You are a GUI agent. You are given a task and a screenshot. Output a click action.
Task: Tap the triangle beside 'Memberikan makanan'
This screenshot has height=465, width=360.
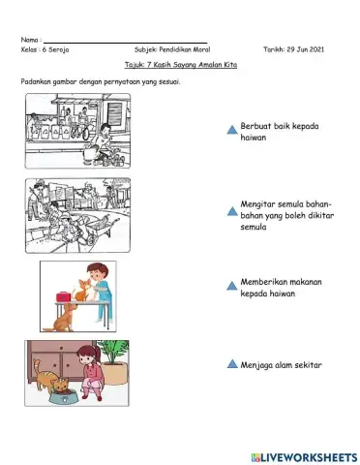(231, 286)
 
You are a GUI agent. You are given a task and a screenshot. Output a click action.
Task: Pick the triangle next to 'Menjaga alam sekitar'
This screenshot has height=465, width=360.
(231, 365)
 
